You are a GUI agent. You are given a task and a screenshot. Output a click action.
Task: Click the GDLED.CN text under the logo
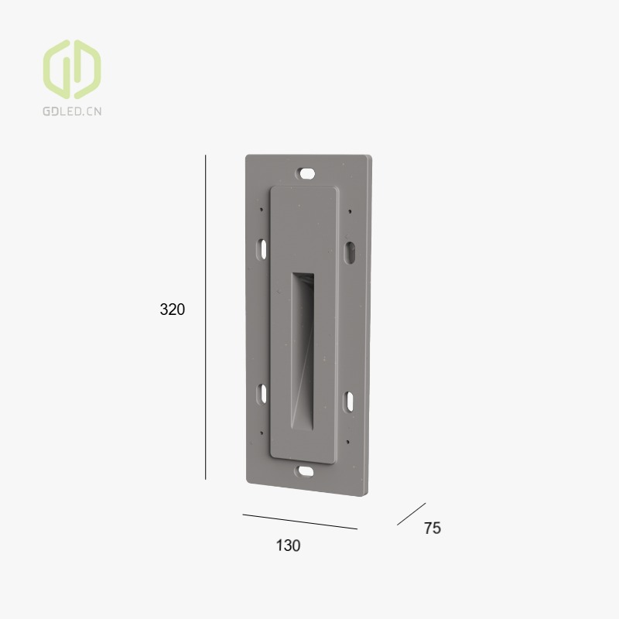[71, 111]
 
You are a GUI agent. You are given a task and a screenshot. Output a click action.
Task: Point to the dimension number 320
[172, 309]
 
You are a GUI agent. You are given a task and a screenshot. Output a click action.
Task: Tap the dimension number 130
[288, 545]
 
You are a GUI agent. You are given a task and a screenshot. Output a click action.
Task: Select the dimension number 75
[432, 528]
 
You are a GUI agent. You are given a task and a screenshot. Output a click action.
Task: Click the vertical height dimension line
[206, 317]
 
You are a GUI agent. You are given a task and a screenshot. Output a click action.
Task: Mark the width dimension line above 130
[300, 522]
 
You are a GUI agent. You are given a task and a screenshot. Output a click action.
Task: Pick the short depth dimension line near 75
[411, 514]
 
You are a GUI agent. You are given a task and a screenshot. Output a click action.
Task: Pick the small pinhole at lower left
[262, 432]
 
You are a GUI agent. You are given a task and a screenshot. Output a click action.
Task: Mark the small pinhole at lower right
[350, 442]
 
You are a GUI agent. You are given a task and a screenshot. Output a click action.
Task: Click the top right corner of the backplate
[368, 158]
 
